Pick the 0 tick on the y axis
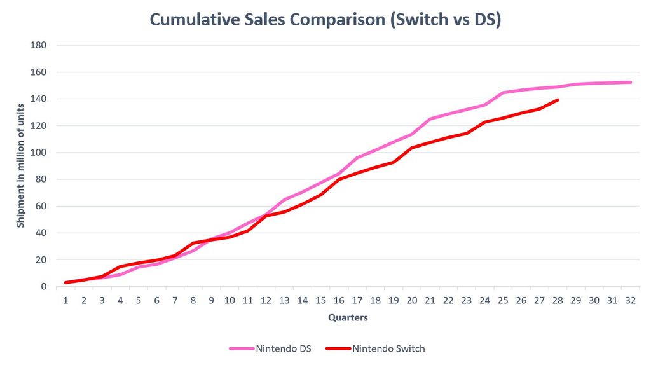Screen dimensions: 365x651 [44, 287]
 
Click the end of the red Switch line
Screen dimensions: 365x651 [558, 100]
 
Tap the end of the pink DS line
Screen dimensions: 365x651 [631, 82]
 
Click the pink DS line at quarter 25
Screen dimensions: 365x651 [503, 93]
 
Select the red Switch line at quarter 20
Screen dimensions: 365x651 [412, 148]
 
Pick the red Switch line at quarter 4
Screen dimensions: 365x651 [120, 266]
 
